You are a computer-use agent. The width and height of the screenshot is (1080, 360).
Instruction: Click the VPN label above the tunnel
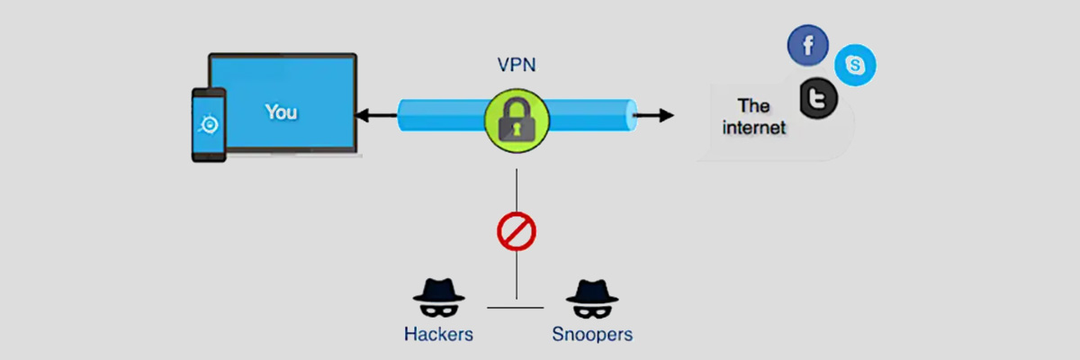point(516,67)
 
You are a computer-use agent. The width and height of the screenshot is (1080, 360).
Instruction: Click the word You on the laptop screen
point(281,112)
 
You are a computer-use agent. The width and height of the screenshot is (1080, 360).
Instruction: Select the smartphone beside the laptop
point(208,124)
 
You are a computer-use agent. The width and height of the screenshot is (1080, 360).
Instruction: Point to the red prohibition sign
point(517,232)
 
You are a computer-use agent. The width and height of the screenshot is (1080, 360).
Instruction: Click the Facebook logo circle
point(807,46)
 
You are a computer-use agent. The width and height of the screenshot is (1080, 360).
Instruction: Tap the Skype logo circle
point(854,66)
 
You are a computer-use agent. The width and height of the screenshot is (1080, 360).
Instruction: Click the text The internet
point(753,117)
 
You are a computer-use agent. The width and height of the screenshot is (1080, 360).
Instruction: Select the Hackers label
point(438,335)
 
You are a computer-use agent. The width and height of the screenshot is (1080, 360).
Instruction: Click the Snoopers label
point(591,335)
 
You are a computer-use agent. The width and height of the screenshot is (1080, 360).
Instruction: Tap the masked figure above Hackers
point(438,299)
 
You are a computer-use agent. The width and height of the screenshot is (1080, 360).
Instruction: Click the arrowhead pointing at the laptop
point(360,115)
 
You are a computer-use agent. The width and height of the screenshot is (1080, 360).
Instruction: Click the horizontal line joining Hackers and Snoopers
point(516,308)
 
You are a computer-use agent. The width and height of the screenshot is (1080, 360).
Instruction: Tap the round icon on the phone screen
point(208,123)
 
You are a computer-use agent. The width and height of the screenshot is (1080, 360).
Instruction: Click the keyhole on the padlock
point(516,129)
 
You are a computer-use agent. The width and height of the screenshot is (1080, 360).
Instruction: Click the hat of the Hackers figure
point(438,288)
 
